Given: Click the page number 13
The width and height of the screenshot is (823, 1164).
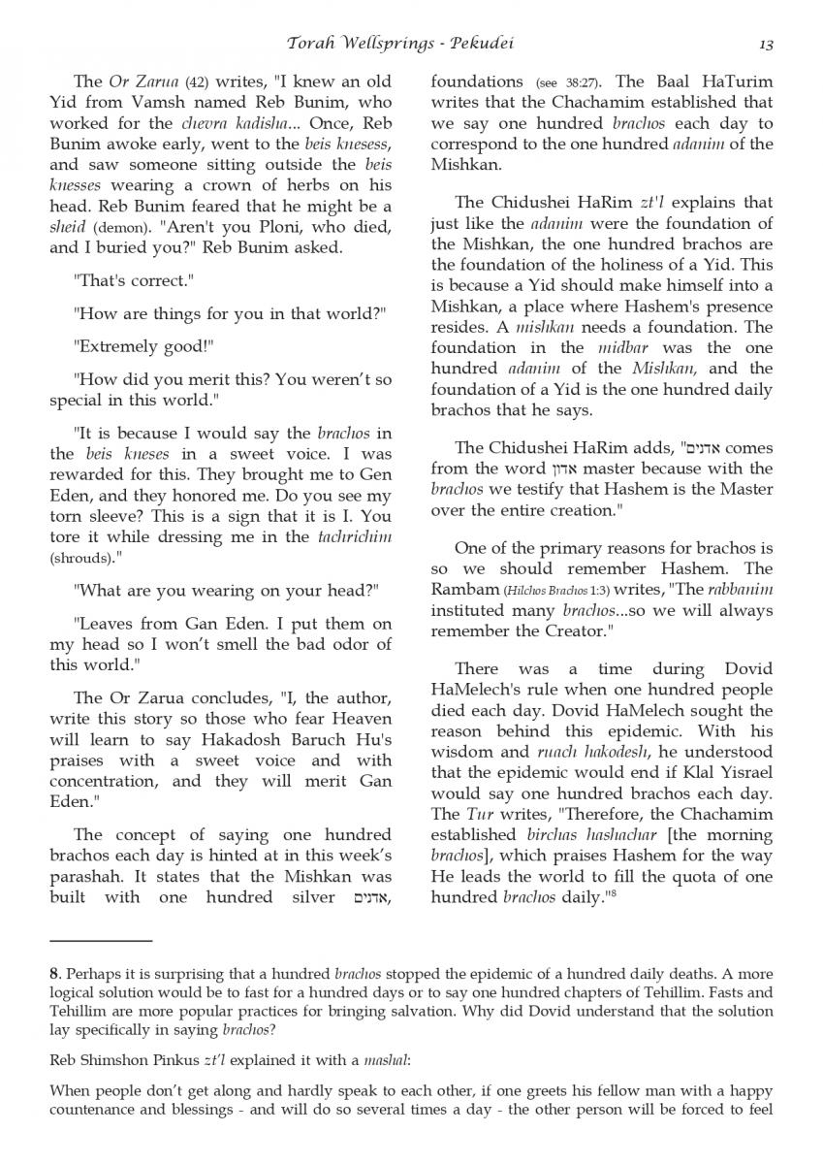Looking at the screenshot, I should (765, 44).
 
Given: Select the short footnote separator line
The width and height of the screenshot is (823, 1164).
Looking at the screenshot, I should (101, 940).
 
